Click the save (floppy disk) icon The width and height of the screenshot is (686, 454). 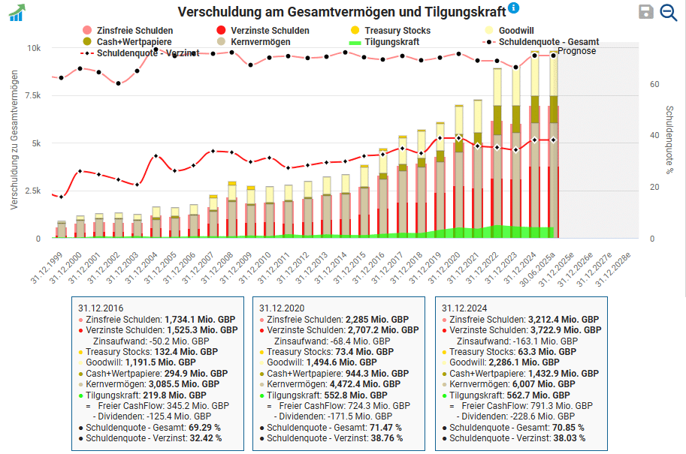(x=645, y=11)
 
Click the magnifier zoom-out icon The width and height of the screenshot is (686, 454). (x=668, y=11)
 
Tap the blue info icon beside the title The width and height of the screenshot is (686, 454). (x=514, y=8)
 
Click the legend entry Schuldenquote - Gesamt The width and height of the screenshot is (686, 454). (x=548, y=42)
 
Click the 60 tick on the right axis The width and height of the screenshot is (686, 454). (x=654, y=84)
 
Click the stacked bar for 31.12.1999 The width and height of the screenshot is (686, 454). (x=62, y=230)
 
